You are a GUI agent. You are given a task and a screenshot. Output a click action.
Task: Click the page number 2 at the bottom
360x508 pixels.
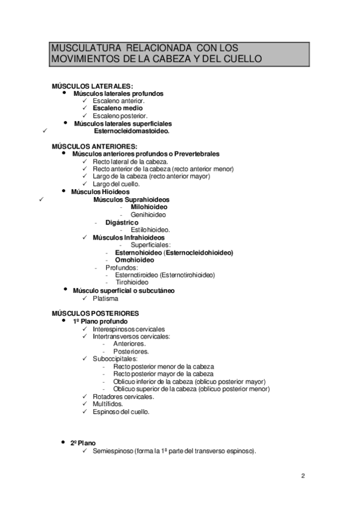pyautogui.click(x=303, y=476)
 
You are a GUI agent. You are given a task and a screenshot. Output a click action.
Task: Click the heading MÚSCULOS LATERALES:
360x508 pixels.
pyautogui.click(x=92, y=86)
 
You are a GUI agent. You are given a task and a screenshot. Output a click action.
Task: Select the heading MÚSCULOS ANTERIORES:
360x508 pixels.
pyautogui.click(x=94, y=146)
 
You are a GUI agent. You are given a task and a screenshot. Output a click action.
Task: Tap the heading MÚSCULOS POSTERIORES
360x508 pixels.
pyautogui.click(x=95, y=313)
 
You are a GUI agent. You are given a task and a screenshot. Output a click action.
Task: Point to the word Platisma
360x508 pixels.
pyautogui.click(x=106, y=298)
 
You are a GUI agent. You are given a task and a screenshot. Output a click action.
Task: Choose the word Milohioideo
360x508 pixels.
pyautogui.click(x=149, y=207)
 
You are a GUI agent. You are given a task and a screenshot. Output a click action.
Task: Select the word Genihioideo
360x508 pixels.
pyautogui.click(x=149, y=214)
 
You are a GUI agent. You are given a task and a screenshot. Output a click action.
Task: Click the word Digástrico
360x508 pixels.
pyautogui.click(x=122, y=222)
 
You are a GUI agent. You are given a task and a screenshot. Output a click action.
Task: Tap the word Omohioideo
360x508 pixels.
pyautogui.click(x=135, y=260)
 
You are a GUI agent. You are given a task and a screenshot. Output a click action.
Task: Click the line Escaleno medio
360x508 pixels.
pyautogui.click(x=117, y=108)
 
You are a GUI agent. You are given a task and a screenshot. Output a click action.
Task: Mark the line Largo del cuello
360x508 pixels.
pyautogui.click(x=116, y=184)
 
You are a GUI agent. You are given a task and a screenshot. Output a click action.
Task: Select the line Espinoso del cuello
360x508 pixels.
pyautogui.click(x=122, y=412)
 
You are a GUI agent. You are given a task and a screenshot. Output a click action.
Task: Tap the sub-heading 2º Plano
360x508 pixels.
pyautogui.click(x=83, y=443)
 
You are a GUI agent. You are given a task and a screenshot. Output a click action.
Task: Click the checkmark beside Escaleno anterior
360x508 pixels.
pyautogui.click(x=86, y=101)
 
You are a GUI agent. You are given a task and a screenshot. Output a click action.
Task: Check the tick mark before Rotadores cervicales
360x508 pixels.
pyautogui.click(x=86, y=397)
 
